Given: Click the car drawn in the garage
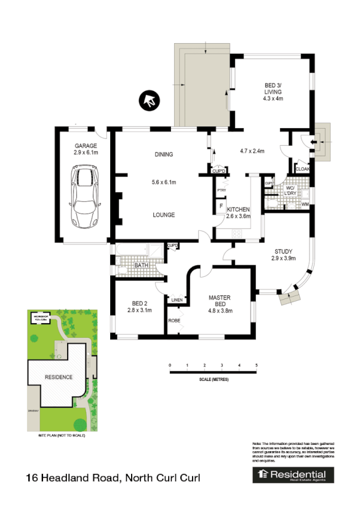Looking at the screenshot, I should [84, 195].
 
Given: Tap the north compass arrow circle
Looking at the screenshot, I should [150, 100].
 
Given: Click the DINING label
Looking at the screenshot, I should [164, 154].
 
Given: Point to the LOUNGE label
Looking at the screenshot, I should [164, 215].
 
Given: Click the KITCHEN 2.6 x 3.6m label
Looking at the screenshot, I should [239, 213].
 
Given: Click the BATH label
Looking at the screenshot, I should [142, 266].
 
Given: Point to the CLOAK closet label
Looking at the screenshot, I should [303, 169].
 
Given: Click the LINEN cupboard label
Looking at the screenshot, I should [177, 300].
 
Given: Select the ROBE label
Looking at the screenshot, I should [174, 321].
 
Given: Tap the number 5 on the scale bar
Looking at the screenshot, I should [257, 366].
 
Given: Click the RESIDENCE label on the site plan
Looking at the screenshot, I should [57, 377].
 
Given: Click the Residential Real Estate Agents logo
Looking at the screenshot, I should [294, 475].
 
